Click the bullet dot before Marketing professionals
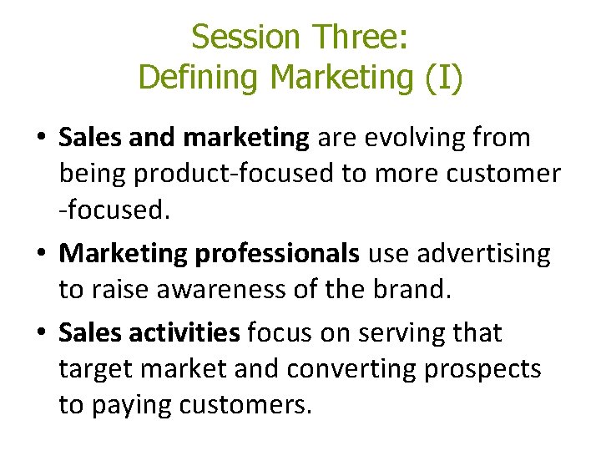pyautogui.click(x=42, y=255)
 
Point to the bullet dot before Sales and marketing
pyautogui.click(x=42, y=139)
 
